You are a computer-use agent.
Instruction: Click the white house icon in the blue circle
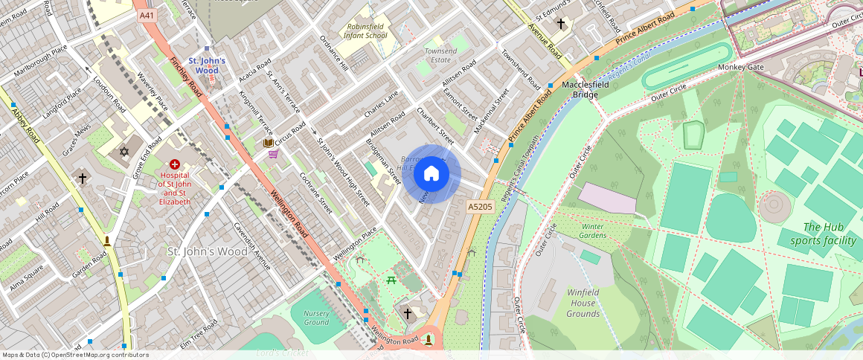coord(431,174)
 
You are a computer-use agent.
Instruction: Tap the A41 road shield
coord(147,14)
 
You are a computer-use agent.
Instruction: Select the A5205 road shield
coord(480,205)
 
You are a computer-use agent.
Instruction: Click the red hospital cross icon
coord(175,164)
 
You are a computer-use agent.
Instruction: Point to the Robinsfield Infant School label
coord(367,30)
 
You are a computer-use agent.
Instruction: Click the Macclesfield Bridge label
coord(580,90)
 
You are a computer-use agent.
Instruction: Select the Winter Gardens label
coord(593,231)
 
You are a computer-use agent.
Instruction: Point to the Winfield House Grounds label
coord(583,303)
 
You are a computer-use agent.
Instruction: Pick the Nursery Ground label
coord(316,318)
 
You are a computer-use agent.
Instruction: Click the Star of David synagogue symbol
coord(123,152)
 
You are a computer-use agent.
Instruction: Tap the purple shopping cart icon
coord(273,154)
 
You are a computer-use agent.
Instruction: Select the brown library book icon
coord(268,142)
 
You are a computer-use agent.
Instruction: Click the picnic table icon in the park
coord(391,280)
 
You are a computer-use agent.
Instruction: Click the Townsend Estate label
coord(440,55)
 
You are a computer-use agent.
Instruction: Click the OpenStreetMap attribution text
coord(76,355)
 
